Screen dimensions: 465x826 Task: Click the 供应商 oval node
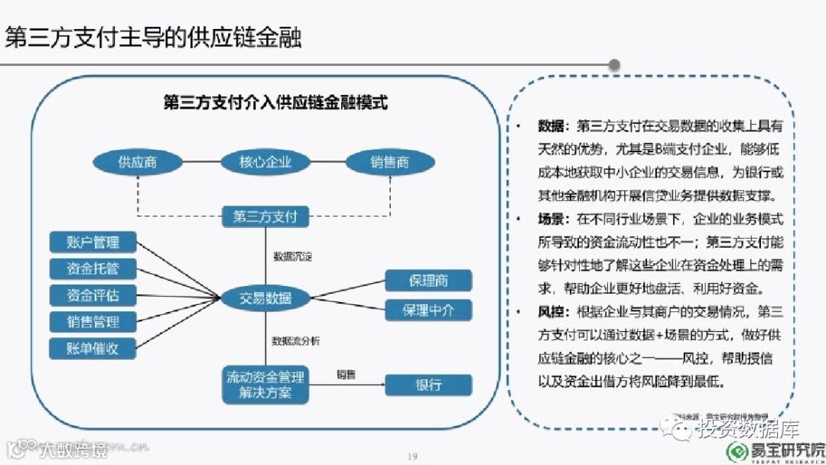138,162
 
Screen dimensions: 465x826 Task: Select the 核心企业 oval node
265,162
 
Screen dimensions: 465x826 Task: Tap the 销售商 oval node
390,162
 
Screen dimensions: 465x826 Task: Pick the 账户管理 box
94,242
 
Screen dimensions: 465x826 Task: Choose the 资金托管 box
94,268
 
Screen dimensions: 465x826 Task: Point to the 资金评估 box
94,294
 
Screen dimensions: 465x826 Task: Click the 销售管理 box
94,321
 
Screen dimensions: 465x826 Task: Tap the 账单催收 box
94,348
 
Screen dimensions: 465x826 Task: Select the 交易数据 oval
265,298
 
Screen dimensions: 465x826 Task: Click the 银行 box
428,384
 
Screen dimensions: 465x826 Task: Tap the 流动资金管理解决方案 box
265,385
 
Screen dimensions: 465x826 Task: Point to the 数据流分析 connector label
297,340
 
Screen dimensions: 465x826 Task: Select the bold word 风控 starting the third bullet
551,311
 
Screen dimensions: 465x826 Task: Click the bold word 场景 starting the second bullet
551,219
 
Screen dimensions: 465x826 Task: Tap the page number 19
412,457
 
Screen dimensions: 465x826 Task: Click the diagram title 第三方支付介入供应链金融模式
275,102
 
